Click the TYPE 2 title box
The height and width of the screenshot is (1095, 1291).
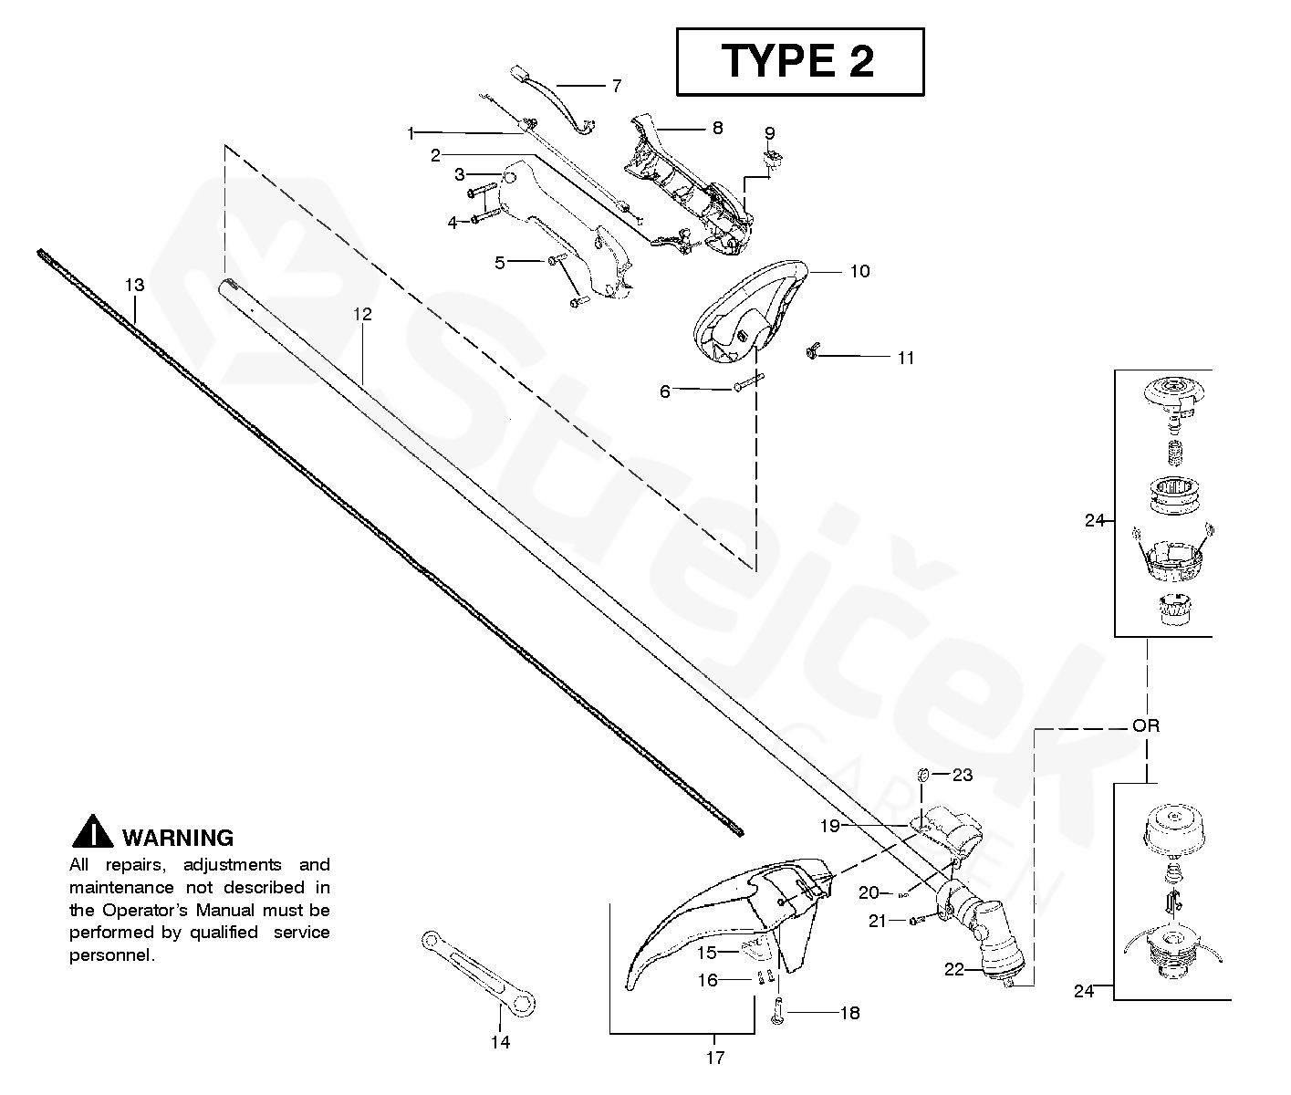click(x=799, y=61)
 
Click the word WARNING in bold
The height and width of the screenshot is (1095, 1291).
click(x=178, y=838)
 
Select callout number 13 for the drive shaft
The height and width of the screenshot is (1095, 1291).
click(x=134, y=286)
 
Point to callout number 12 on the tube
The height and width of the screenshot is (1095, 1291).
click(x=362, y=315)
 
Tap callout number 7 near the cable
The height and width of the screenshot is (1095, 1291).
click(x=617, y=86)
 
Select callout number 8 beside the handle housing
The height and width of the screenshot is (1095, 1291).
click(x=717, y=128)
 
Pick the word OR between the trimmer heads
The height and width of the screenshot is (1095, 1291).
click(x=1145, y=726)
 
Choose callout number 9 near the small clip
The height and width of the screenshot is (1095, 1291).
click(x=769, y=132)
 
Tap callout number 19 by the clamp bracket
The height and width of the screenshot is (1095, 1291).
click(x=829, y=826)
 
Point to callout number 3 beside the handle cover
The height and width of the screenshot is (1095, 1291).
click(x=460, y=173)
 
